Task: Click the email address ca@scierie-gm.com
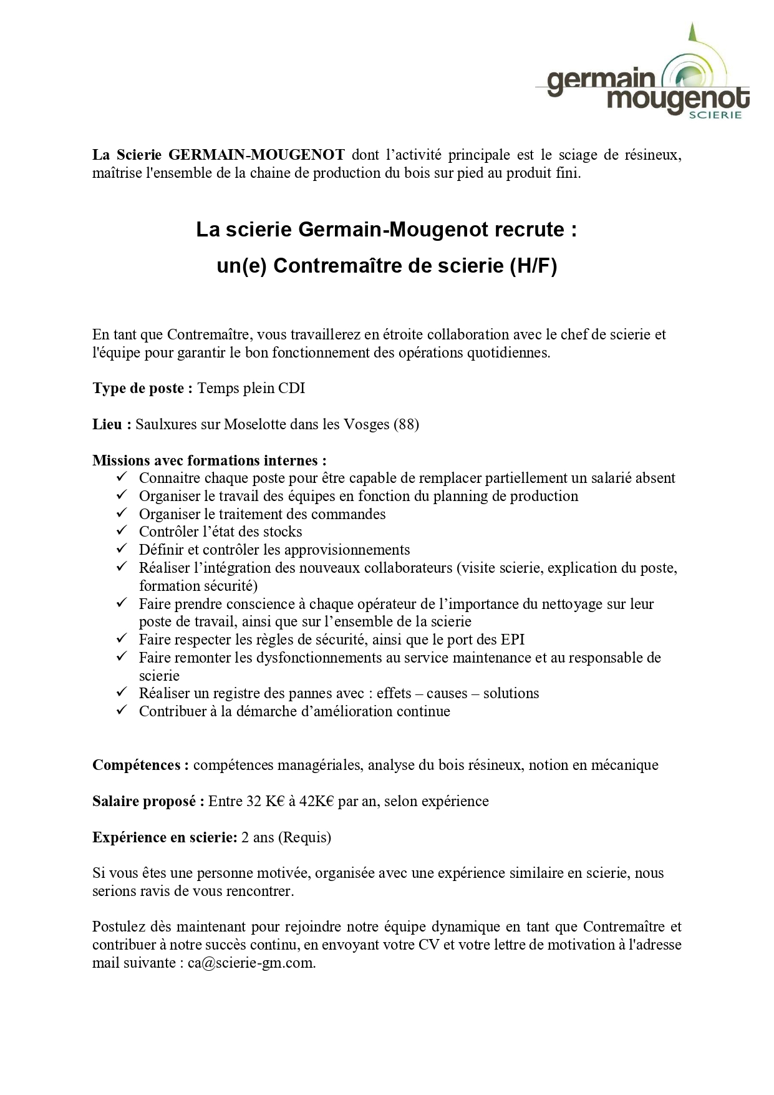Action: click(x=251, y=963)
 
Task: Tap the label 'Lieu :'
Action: click(x=112, y=425)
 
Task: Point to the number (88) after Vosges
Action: click(x=406, y=425)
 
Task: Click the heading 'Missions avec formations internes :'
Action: click(x=210, y=460)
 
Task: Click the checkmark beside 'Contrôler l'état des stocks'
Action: click(x=122, y=532)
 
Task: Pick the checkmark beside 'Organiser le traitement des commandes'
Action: click(x=122, y=513)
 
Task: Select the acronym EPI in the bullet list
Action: click(x=512, y=640)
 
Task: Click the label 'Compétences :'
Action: click(x=140, y=765)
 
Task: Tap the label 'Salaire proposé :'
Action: click(x=148, y=801)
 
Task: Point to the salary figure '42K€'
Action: click(x=317, y=801)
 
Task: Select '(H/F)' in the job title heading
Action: click(x=533, y=266)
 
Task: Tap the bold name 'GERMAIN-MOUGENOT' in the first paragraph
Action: click(x=256, y=155)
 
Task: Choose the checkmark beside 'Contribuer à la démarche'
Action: click(x=122, y=711)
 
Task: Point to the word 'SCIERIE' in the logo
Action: click(x=720, y=115)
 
